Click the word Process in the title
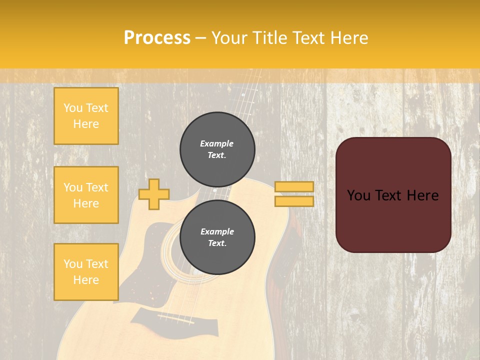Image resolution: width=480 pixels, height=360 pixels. coord(157,38)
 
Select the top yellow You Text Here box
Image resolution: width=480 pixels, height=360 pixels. coord(86,116)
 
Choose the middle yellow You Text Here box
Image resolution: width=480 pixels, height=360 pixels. coord(86,195)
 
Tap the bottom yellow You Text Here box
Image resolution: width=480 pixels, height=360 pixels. coord(86,272)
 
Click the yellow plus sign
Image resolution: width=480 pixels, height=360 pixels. coord(154,194)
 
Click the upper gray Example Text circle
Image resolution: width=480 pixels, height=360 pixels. coord(217,149)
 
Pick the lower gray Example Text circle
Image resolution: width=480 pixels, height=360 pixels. coord(217,237)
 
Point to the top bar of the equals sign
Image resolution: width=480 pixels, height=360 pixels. coord(294,186)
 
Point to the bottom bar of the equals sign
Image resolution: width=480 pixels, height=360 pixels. coord(294,201)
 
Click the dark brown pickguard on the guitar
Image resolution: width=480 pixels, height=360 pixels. coord(150,260)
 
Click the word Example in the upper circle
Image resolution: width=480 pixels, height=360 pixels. coord(217,143)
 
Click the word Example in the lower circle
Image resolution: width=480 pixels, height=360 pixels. coord(217,231)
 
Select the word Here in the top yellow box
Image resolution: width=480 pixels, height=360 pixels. coord(86,124)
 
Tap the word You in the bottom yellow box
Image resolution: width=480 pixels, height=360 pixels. coord(73,264)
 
